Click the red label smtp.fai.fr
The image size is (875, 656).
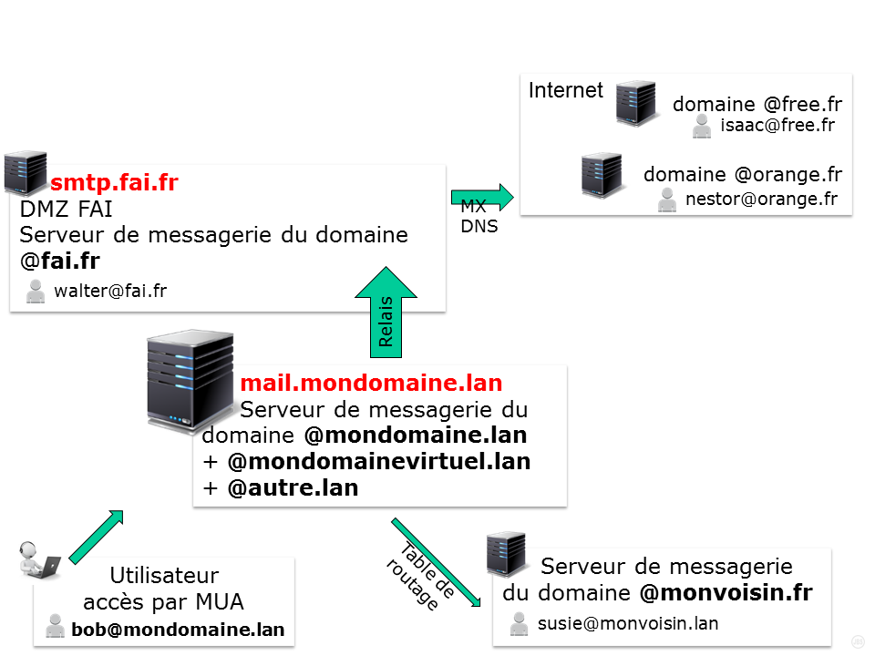114,182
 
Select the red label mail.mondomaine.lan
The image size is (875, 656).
371,383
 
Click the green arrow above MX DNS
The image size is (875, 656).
482,196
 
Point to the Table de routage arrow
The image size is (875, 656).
436,562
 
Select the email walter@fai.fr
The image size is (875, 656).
110,292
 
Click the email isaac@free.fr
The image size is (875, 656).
777,126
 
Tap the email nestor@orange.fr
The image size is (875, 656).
760,199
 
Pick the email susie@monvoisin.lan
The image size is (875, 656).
627,623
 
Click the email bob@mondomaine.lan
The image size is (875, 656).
178,629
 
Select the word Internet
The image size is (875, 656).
566,90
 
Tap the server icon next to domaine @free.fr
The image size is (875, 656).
636,102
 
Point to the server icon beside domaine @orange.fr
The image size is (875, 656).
602,175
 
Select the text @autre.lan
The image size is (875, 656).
293,487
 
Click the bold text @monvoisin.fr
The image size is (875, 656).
726,593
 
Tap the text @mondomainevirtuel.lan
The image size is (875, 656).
378,461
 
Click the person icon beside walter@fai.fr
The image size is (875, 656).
36,292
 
